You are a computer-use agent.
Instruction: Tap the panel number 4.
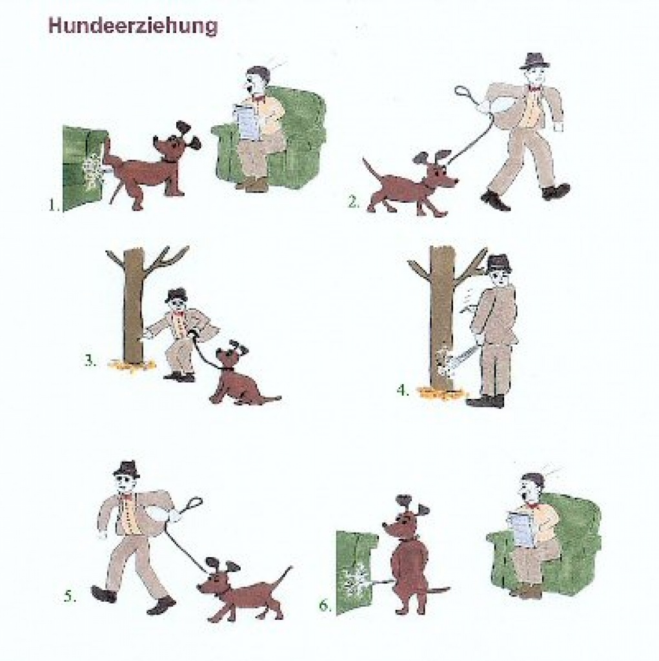(402, 390)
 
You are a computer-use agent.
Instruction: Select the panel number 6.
(325, 605)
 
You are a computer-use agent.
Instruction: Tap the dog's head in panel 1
(173, 147)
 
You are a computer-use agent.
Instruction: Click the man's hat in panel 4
(498, 263)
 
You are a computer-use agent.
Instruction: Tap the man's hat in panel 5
(127, 469)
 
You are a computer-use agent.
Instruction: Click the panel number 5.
(69, 596)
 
